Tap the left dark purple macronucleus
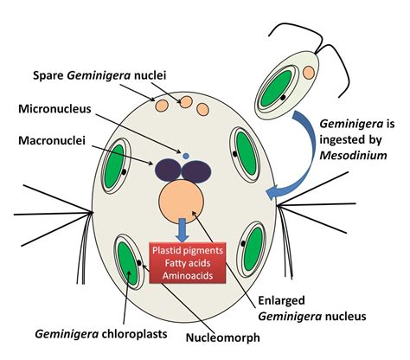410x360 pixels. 168,170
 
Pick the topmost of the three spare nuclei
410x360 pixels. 185,101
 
